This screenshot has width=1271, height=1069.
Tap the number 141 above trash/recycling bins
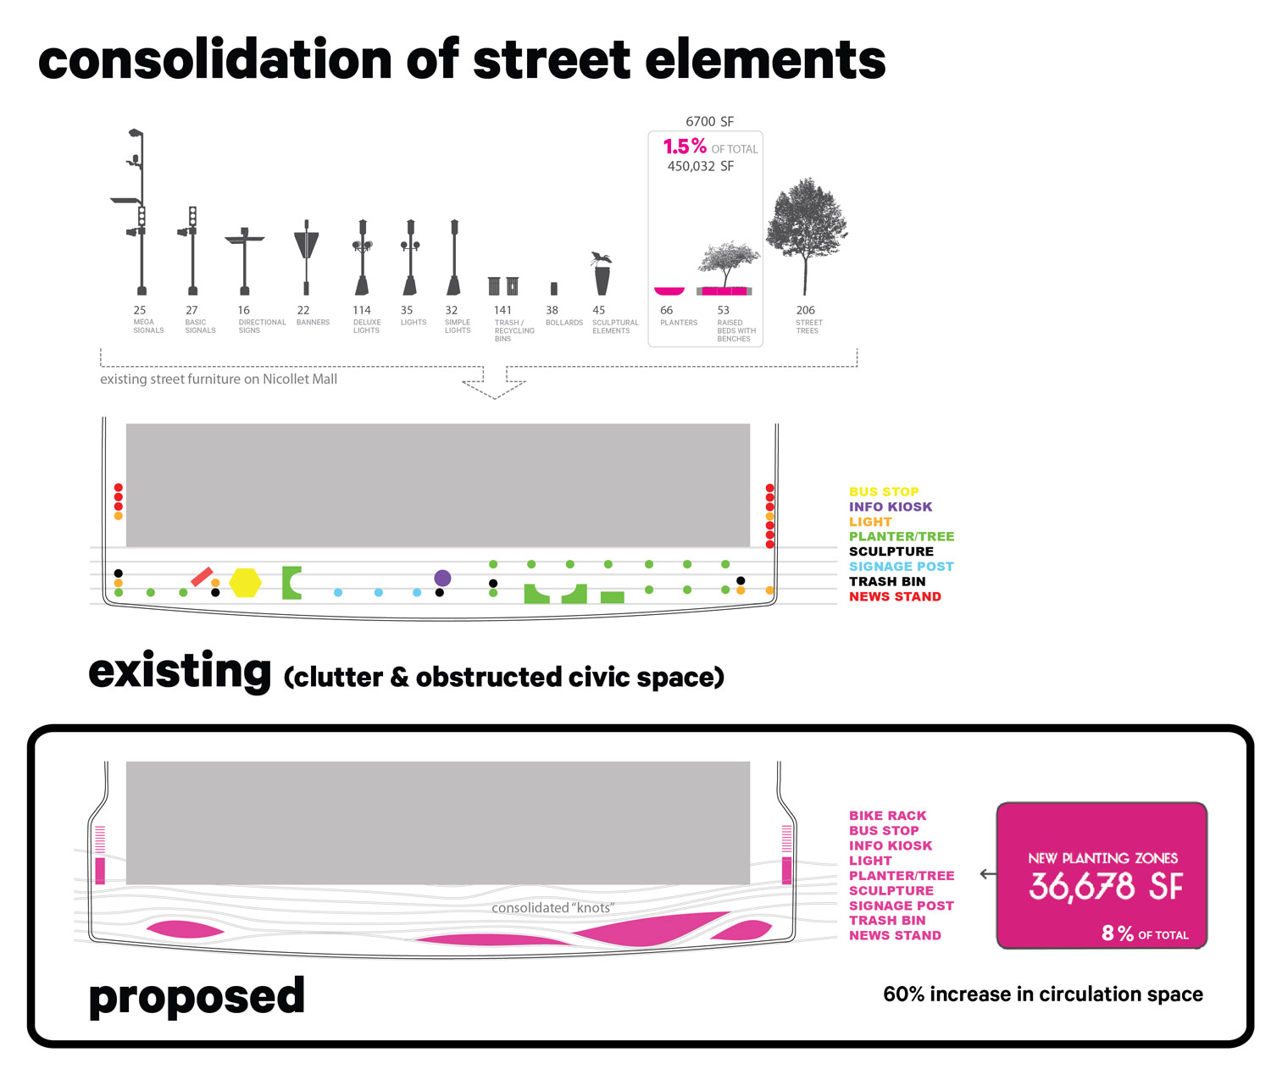502,310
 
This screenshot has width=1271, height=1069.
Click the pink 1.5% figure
685,147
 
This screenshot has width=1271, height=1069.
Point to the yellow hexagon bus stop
245,582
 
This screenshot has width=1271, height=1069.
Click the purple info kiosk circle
442,578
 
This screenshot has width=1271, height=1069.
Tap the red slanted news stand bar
202,576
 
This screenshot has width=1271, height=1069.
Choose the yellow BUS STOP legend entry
884,491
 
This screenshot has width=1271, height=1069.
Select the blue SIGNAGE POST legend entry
901,566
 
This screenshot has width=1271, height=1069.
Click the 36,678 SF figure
1106,887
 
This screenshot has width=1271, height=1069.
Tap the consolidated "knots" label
552,907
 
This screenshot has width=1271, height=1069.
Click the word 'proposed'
197,996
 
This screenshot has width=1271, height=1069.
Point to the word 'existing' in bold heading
180,672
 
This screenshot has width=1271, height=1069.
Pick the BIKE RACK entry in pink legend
887,815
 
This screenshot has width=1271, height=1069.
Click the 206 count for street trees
805,310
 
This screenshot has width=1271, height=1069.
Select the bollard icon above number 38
553,288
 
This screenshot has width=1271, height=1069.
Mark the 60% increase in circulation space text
1042,994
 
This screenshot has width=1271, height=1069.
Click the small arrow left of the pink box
987,873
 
